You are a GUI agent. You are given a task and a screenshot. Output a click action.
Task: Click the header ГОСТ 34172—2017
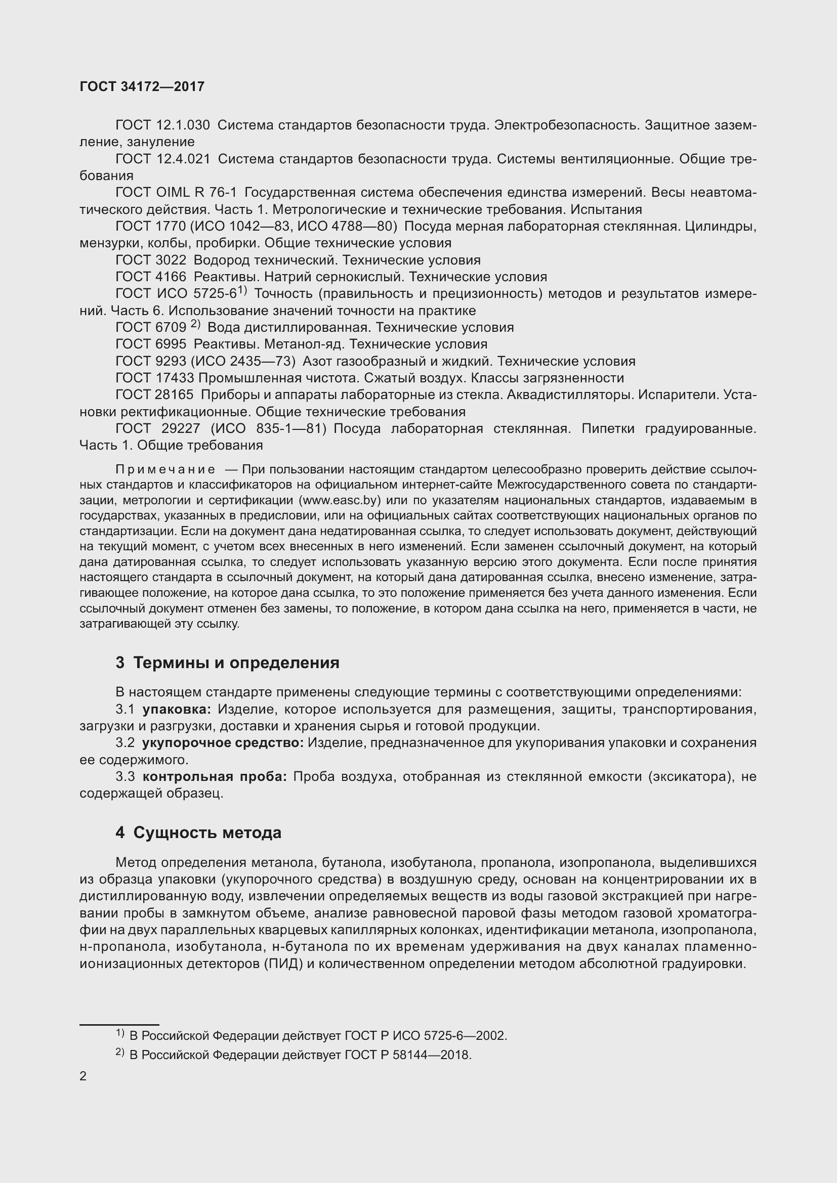(142, 86)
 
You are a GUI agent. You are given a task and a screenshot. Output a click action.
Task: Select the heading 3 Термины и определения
(227, 663)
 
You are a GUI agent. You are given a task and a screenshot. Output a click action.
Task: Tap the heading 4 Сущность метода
(198, 833)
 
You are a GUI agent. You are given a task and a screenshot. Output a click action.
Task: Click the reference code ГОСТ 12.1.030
(162, 125)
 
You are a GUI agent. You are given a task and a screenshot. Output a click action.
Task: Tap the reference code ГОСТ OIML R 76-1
(176, 193)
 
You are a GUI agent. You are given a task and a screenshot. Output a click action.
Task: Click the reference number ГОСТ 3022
(150, 260)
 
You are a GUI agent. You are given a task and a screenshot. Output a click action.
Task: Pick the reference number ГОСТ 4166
(150, 277)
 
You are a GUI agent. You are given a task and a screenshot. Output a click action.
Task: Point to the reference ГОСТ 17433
(155, 378)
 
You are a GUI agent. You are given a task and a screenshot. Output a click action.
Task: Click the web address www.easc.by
(339, 500)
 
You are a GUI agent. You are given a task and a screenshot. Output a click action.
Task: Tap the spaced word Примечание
(165, 469)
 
